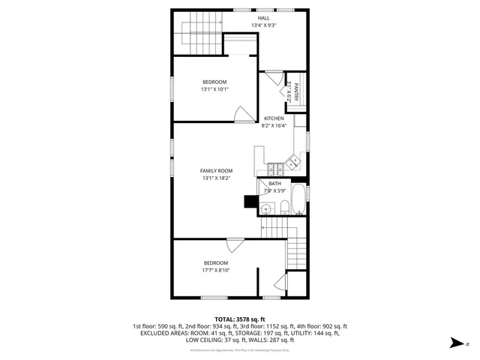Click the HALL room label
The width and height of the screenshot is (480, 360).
pos(264,18)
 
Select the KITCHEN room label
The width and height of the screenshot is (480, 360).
pos(273,119)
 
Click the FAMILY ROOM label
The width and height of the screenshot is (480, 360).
pos(216,171)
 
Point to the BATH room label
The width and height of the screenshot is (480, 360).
pos(275,184)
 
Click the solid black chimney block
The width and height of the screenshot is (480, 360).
pos(250,201)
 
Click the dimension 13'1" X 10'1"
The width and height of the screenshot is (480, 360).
pos(214,89)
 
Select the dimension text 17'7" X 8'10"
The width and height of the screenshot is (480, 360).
pos(216,270)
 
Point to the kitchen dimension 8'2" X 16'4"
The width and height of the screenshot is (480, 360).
pos(273,126)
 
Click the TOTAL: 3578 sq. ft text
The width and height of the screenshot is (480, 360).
pos(240,319)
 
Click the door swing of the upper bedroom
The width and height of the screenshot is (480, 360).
pos(244,114)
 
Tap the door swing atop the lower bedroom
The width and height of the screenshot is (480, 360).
pos(235,245)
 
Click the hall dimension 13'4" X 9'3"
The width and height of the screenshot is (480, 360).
pos(264,25)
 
